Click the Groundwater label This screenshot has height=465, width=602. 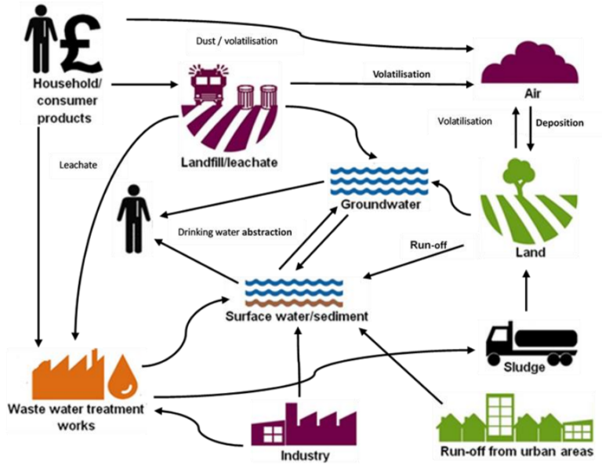tap(380, 205)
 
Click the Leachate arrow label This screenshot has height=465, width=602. tap(76, 165)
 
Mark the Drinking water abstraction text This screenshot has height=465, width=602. tap(234, 232)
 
